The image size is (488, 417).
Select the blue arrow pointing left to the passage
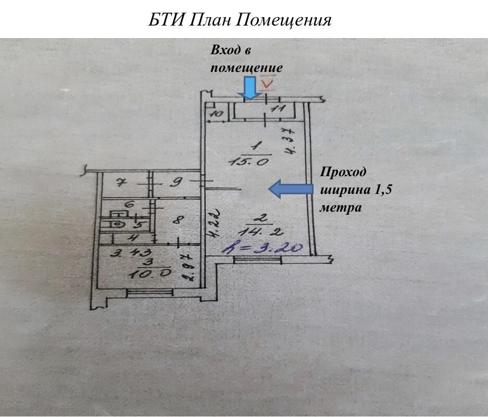point(291,189)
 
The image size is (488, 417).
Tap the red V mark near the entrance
point(268,83)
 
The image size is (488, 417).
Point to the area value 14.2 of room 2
point(261,232)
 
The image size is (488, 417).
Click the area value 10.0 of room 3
point(149,274)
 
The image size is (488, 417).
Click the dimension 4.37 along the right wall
point(291,141)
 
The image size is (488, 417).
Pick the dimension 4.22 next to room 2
point(216,224)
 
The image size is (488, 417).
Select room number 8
point(177,220)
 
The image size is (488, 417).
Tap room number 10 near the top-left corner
point(217,114)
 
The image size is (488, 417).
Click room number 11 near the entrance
point(278,109)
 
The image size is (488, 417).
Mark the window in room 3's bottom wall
point(149,292)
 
